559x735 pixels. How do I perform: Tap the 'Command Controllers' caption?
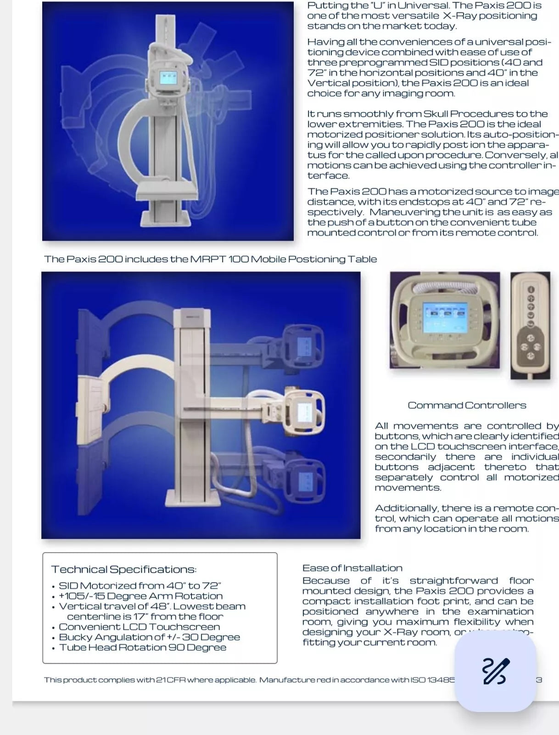click(x=467, y=405)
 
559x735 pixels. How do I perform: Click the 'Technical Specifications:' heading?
click(x=123, y=569)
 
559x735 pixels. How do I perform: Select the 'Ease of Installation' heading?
click(x=352, y=568)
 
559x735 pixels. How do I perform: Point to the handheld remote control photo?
click(x=530, y=325)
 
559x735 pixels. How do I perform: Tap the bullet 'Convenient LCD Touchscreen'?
click(x=139, y=627)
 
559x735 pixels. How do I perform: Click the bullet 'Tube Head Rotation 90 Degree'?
click(x=142, y=647)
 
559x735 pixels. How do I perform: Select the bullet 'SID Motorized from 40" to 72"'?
click(x=140, y=586)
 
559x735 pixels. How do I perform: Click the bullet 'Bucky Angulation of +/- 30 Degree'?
click(x=149, y=637)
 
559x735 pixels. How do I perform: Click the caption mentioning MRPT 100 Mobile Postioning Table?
click(x=210, y=259)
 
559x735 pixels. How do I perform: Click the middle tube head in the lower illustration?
click(x=303, y=410)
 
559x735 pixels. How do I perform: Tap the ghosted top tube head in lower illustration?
click(x=304, y=345)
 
